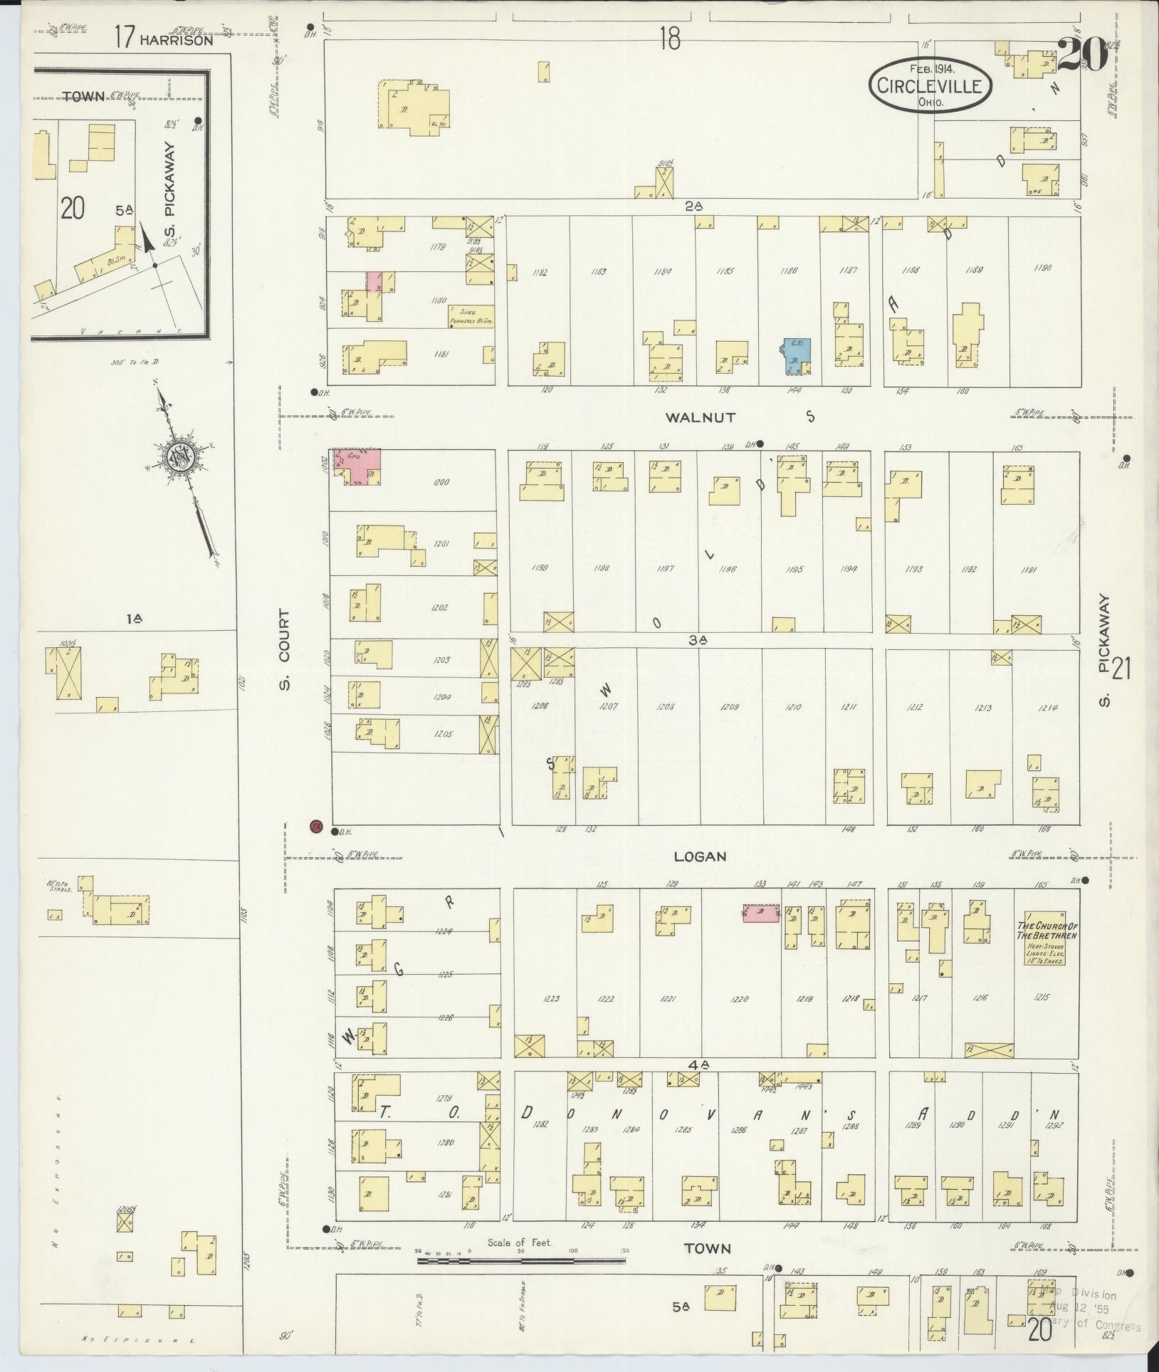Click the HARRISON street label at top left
point(176,41)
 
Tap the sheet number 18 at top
point(668,39)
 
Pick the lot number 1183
point(598,271)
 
